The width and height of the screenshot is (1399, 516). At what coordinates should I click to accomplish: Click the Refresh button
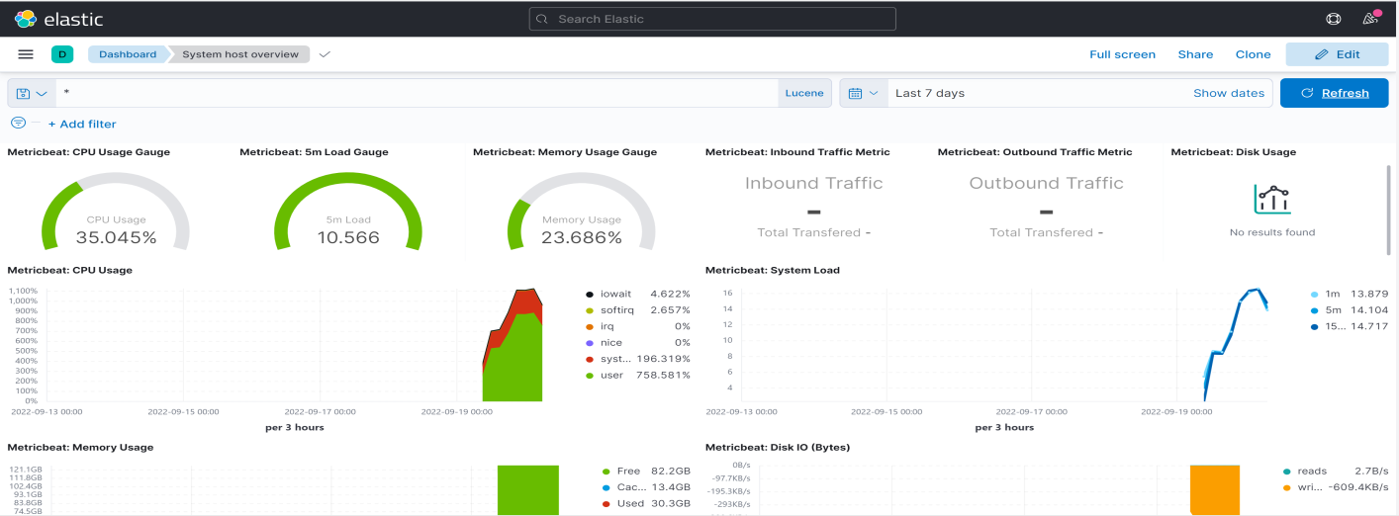[1334, 93]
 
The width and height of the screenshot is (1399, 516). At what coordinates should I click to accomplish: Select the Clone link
[1253, 54]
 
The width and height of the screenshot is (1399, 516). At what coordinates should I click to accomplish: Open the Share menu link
[1195, 54]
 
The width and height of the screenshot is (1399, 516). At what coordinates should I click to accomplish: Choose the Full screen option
[1122, 54]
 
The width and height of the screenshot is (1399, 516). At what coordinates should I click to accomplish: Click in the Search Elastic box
[712, 19]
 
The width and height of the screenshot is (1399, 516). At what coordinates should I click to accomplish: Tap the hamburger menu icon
[26, 54]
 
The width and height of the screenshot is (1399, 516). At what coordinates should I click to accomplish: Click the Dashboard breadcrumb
[128, 54]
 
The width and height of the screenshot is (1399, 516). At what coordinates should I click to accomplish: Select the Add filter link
[82, 125]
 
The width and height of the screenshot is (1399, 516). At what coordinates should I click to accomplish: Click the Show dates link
[1228, 93]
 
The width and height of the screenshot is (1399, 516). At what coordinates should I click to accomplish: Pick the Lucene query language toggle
[803, 93]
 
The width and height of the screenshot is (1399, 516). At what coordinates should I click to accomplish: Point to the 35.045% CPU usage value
[116, 237]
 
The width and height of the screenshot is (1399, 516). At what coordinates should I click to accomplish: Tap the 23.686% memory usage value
[581, 237]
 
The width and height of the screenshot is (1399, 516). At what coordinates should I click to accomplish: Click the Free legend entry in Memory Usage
[628, 472]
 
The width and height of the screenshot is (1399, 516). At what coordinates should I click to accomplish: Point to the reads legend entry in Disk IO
[1312, 472]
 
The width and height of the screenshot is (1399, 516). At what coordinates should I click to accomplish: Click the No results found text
[1272, 232]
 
